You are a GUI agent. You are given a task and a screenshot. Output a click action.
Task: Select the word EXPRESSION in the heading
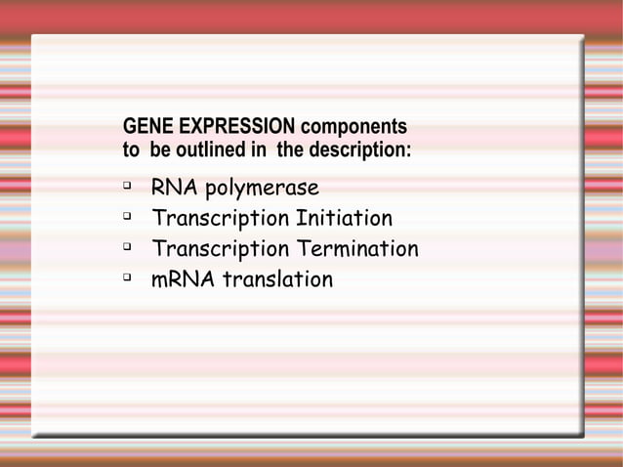[x=232, y=128]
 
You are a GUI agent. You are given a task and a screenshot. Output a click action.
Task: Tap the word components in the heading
[x=353, y=128]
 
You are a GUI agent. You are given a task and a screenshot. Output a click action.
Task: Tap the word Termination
[x=356, y=249]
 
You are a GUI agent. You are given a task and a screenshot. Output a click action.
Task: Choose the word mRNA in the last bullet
[x=183, y=280]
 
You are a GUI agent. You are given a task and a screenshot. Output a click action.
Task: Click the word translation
[x=278, y=280]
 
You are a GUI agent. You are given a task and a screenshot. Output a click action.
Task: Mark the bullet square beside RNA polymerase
[x=127, y=186]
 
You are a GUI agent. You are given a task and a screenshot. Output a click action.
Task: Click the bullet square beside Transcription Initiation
[x=127, y=216]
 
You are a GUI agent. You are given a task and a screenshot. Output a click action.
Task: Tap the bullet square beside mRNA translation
[x=127, y=277]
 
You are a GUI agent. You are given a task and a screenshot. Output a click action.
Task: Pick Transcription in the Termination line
[x=220, y=250]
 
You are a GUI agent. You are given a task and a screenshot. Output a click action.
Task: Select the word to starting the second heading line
[x=131, y=152]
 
